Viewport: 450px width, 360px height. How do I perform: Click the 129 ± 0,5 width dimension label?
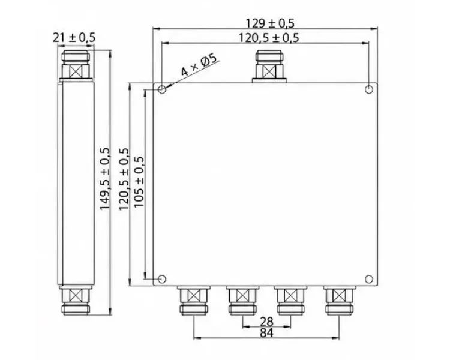[x=270, y=23]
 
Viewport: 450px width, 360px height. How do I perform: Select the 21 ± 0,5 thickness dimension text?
[x=74, y=38]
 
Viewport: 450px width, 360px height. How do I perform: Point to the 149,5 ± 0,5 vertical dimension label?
[x=105, y=179]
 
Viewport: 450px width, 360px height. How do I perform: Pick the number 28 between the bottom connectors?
[x=266, y=322]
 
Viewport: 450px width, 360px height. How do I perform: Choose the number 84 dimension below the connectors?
[x=266, y=333]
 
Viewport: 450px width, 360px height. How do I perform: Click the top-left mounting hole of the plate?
[x=162, y=89]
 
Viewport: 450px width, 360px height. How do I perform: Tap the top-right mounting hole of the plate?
[x=369, y=89]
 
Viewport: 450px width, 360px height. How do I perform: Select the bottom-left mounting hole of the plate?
[x=162, y=279]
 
